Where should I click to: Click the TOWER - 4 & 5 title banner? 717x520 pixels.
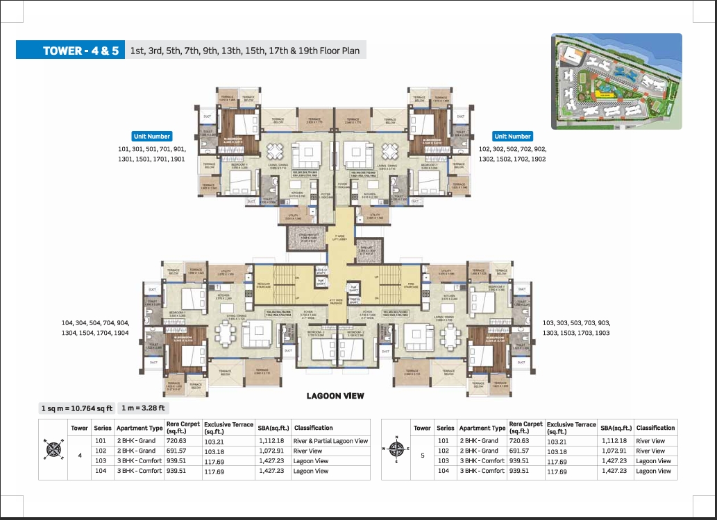[70, 51]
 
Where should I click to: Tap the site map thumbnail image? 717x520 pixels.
[616, 82]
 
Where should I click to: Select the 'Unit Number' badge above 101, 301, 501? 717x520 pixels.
[151, 137]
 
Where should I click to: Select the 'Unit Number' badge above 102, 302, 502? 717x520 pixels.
[512, 137]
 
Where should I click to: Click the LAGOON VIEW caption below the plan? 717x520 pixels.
[335, 396]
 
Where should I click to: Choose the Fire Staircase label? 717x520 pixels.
[410, 284]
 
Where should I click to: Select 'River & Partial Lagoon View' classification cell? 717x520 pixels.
[330, 441]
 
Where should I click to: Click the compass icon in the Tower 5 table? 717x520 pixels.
[396, 451]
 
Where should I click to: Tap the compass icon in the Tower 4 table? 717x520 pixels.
[53, 451]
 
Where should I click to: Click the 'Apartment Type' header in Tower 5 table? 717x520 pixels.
[482, 428]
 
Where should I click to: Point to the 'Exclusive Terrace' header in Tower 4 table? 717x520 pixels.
[228, 427]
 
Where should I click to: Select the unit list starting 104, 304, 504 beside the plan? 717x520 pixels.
[95, 328]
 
